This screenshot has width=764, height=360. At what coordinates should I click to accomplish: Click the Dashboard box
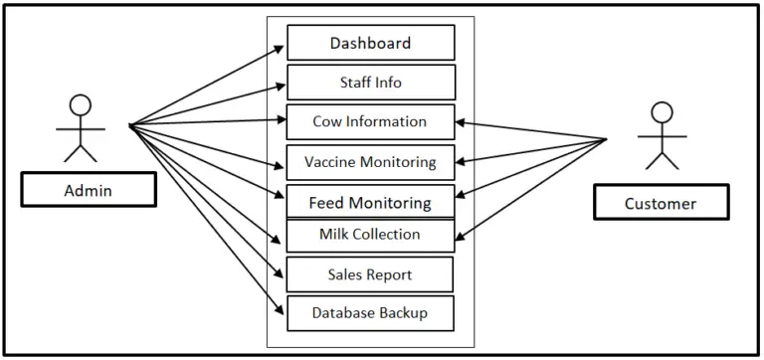370,43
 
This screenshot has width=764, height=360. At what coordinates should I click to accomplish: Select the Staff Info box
370,83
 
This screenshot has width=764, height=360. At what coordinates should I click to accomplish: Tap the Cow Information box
370,122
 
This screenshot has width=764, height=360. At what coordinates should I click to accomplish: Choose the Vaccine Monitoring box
370,162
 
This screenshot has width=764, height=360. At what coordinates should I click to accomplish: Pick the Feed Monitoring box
370,202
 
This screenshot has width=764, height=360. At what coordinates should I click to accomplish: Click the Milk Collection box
370,235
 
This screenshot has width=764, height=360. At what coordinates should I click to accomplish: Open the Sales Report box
370,274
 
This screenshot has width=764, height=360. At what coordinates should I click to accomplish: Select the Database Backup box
370,313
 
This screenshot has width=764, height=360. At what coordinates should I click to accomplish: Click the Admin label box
89,189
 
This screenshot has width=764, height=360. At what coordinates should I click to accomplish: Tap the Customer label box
661,203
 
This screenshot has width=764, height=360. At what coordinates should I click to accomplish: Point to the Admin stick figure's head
80,104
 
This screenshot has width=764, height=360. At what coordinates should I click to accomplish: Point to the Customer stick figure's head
661,112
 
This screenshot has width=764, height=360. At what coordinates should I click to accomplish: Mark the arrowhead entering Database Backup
282,310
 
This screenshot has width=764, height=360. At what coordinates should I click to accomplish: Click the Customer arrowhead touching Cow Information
461,122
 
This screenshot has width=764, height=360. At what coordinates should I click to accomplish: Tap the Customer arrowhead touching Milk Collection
461,237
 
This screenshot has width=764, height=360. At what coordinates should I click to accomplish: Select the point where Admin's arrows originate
130,125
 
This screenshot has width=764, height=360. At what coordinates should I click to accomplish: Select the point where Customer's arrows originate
607,138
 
